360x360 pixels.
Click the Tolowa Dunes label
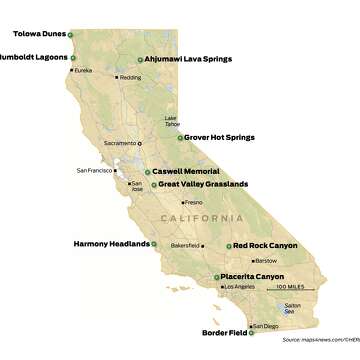point(39,33)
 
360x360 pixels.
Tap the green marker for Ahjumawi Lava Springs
point(139,59)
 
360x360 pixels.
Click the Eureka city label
point(83,70)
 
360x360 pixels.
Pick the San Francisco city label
point(95,171)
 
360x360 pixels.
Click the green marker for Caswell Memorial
point(147,172)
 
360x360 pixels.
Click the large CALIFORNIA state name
point(202,218)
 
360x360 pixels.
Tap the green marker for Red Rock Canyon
point(227,245)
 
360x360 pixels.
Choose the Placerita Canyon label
point(250,276)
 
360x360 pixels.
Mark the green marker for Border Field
point(251,333)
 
